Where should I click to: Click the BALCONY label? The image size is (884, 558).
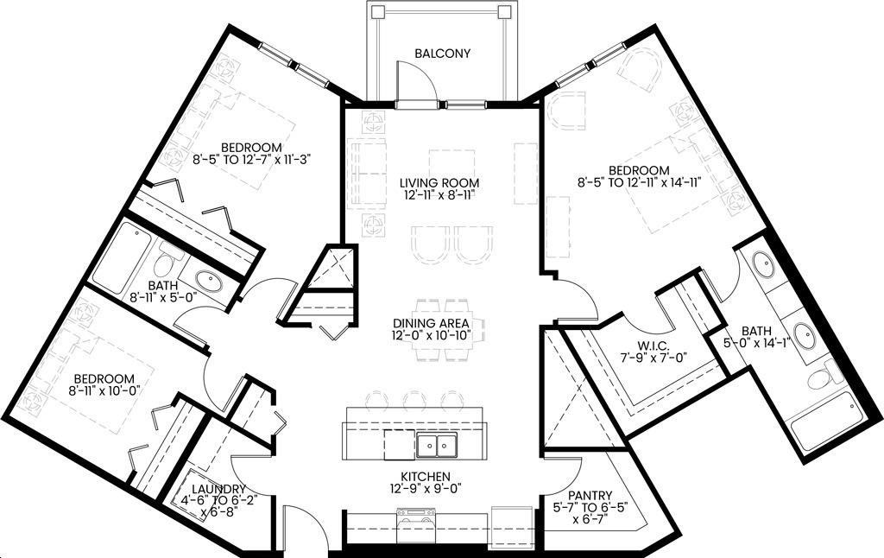[x=443, y=54]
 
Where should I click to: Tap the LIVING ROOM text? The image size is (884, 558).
[x=439, y=183]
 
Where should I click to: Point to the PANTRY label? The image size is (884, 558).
[x=590, y=496]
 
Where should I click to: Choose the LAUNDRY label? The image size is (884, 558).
[x=218, y=489]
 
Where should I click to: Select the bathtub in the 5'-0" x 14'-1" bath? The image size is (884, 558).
[x=825, y=422]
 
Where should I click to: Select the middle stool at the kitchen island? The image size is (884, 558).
[x=414, y=398]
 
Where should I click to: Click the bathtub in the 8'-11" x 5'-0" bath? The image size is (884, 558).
[x=122, y=257]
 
